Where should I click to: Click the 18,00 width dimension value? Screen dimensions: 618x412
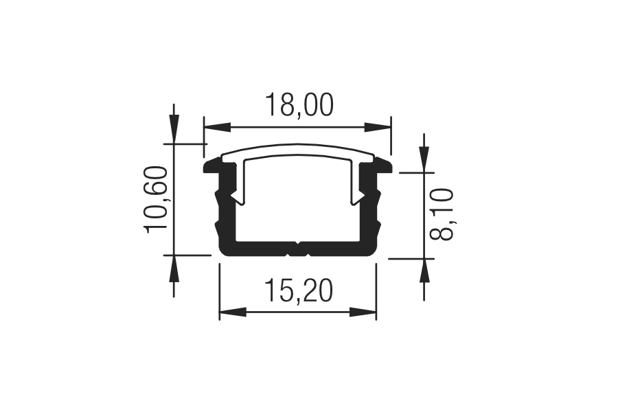click(x=299, y=105)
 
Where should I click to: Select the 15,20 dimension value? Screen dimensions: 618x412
click(x=299, y=290)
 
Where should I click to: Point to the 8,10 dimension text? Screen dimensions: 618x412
click(x=442, y=214)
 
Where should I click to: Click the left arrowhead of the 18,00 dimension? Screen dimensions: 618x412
click(x=217, y=127)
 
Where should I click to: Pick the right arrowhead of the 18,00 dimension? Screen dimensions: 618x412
click(x=378, y=127)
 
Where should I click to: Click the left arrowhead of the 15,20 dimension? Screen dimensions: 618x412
click(x=232, y=312)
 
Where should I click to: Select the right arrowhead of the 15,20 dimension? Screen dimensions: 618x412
click(x=363, y=312)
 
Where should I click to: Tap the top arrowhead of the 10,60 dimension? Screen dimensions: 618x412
click(x=174, y=128)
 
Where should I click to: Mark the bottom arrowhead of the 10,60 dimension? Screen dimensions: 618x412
click(x=174, y=269)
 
